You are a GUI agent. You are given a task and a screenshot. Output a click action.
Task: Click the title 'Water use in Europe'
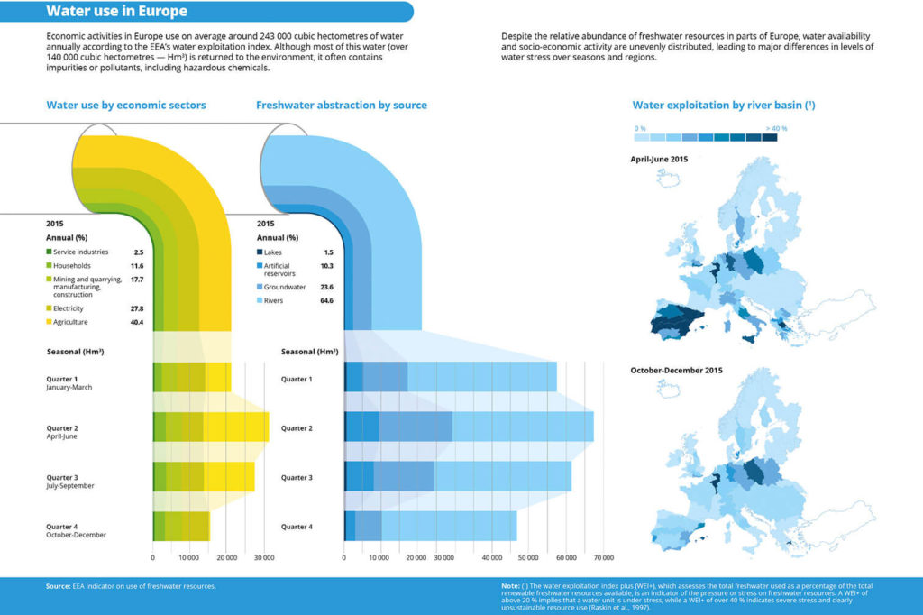click(x=117, y=12)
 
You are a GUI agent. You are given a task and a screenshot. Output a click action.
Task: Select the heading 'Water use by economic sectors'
click(x=126, y=106)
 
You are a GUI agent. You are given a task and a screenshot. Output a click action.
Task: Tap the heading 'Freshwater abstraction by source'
click(x=342, y=106)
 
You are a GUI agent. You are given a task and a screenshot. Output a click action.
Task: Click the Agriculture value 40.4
click(x=138, y=322)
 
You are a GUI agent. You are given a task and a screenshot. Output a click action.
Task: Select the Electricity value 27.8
click(x=138, y=308)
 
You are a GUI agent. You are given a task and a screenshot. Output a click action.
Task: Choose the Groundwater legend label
click(x=288, y=287)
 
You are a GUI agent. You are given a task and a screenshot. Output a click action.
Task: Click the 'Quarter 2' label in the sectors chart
click(x=62, y=427)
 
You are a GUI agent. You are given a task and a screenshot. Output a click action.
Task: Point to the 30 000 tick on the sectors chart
click(x=263, y=558)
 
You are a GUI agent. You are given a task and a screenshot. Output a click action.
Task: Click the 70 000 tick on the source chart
click(x=602, y=558)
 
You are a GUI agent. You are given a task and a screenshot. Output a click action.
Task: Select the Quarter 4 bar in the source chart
click(x=430, y=526)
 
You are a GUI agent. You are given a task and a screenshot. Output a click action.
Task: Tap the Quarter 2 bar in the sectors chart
click(x=210, y=427)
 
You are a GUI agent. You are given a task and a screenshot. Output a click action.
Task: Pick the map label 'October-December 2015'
click(x=677, y=370)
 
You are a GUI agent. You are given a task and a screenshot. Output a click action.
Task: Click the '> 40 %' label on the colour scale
click(x=776, y=128)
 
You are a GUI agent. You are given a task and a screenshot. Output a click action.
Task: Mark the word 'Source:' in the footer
click(x=58, y=586)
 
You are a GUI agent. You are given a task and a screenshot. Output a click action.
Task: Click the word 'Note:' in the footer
click(x=511, y=586)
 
